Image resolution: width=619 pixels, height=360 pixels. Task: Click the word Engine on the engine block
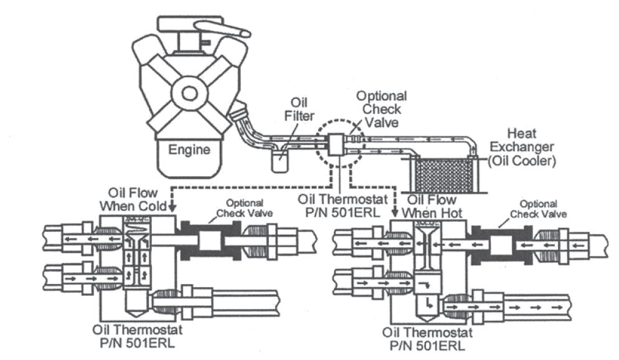point(190,150)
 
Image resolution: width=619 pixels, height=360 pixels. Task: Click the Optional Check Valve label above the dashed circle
point(380,108)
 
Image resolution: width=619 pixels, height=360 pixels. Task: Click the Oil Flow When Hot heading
point(432,206)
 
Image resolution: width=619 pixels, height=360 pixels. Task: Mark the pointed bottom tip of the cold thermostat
point(137,313)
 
